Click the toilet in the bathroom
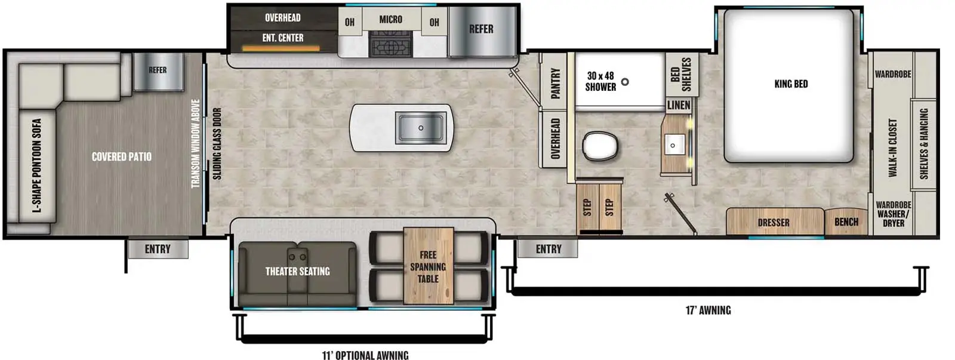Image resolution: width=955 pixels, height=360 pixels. (x=600, y=145)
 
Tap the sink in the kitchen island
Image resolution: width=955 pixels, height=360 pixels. (x=420, y=127)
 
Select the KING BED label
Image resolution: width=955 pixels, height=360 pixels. (x=791, y=84)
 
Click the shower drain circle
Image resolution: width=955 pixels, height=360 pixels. (x=625, y=82)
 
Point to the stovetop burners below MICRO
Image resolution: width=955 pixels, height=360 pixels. (x=390, y=45)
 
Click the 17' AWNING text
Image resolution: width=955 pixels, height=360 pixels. (x=708, y=310)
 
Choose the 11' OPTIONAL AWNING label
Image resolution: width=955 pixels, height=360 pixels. (x=365, y=355)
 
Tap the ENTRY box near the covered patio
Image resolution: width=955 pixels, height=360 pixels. (x=158, y=249)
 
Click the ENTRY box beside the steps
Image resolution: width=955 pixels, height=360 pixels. (x=548, y=249)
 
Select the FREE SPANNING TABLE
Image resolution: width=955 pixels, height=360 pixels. (x=428, y=266)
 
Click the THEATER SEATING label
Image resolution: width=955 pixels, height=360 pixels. (x=297, y=272)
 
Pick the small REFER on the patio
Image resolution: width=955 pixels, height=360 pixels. (x=158, y=71)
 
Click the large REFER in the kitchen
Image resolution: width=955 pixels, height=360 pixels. (x=481, y=29)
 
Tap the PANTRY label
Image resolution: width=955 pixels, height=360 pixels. (x=555, y=82)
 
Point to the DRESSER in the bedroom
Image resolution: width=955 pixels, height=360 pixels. (x=774, y=222)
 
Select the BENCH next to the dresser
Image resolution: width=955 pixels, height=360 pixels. (x=846, y=222)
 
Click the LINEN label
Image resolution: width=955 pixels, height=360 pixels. (x=679, y=105)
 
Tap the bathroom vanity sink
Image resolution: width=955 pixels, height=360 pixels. (x=673, y=145)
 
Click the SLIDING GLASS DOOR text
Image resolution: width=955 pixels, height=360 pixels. (x=217, y=143)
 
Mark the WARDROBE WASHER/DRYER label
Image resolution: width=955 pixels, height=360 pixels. (x=893, y=214)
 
